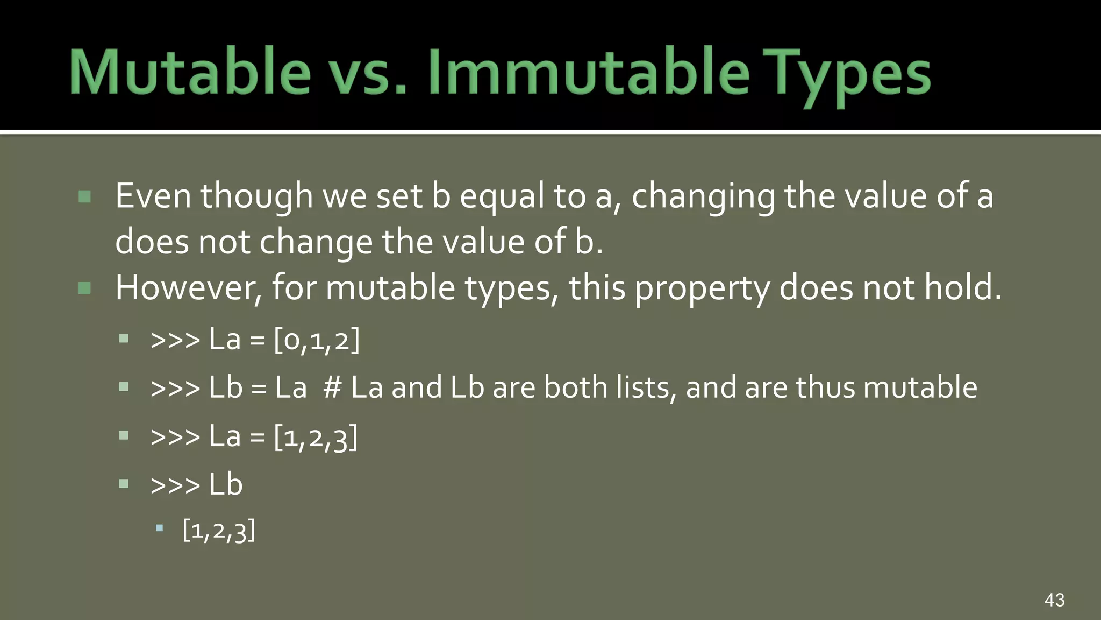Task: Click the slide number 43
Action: [x=1054, y=600]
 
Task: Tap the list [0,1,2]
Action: [x=317, y=340]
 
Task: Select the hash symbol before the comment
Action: [x=332, y=387]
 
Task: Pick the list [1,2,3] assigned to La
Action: [x=316, y=436]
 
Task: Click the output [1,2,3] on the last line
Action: [x=219, y=531]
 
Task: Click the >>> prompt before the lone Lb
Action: [x=175, y=485]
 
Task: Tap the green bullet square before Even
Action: [x=84, y=196]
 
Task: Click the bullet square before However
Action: [x=84, y=288]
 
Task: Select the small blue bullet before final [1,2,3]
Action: [x=159, y=529]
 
